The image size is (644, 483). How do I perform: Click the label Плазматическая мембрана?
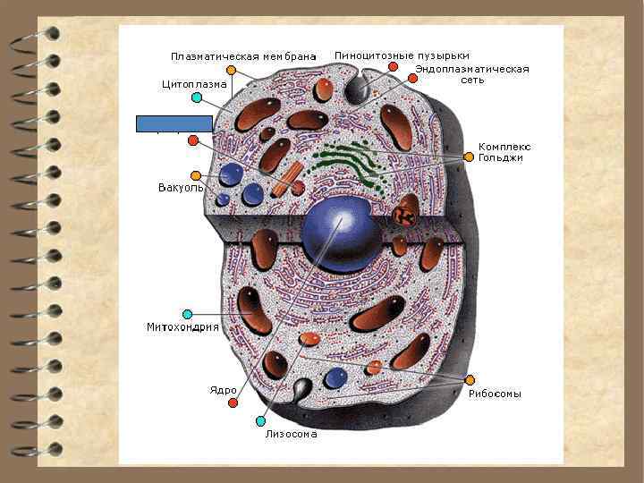(243, 57)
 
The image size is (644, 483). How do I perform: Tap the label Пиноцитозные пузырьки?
(402, 55)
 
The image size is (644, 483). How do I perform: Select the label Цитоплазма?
(194, 85)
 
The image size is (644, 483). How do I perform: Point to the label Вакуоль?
(181, 188)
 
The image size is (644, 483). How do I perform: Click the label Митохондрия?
(182, 327)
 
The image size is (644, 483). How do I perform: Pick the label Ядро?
(223, 390)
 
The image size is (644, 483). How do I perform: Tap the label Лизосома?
(291, 435)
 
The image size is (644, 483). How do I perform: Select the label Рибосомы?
(495, 394)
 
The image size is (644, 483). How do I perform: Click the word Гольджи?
(500, 157)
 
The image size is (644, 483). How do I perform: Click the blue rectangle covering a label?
(174, 123)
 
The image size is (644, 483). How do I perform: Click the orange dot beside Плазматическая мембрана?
(232, 70)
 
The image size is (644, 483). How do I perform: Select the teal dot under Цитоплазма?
(197, 97)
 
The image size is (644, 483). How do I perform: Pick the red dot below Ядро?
(233, 403)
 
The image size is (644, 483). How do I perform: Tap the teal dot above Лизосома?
(260, 421)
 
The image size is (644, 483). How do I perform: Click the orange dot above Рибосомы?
(470, 380)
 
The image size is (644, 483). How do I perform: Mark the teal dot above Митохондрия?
(187, 314)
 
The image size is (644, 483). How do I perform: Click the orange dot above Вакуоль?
(195, 175)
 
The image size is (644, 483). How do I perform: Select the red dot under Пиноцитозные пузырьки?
(393, 67)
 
